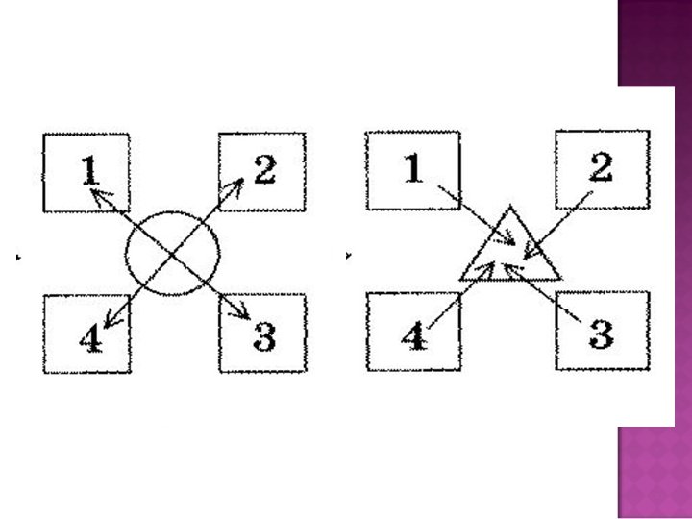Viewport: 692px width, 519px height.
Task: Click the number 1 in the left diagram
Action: pos(89,171)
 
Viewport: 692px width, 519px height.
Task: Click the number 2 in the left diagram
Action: pos(264,169)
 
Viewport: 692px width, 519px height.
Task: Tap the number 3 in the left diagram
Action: pos(264,335)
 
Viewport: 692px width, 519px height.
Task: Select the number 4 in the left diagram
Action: pos(88,338)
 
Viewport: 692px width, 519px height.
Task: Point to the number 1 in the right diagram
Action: pos(413,169)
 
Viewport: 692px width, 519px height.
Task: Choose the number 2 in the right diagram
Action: pos(601,167)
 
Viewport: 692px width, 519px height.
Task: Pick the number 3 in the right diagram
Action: pos(601,334)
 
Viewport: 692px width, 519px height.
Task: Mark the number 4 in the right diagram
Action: pos(414,337)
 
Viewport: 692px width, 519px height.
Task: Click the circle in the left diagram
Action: pos(173,253)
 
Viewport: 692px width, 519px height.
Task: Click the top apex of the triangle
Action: pos(510,208)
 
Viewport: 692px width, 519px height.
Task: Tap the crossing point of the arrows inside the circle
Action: pos(171,253)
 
